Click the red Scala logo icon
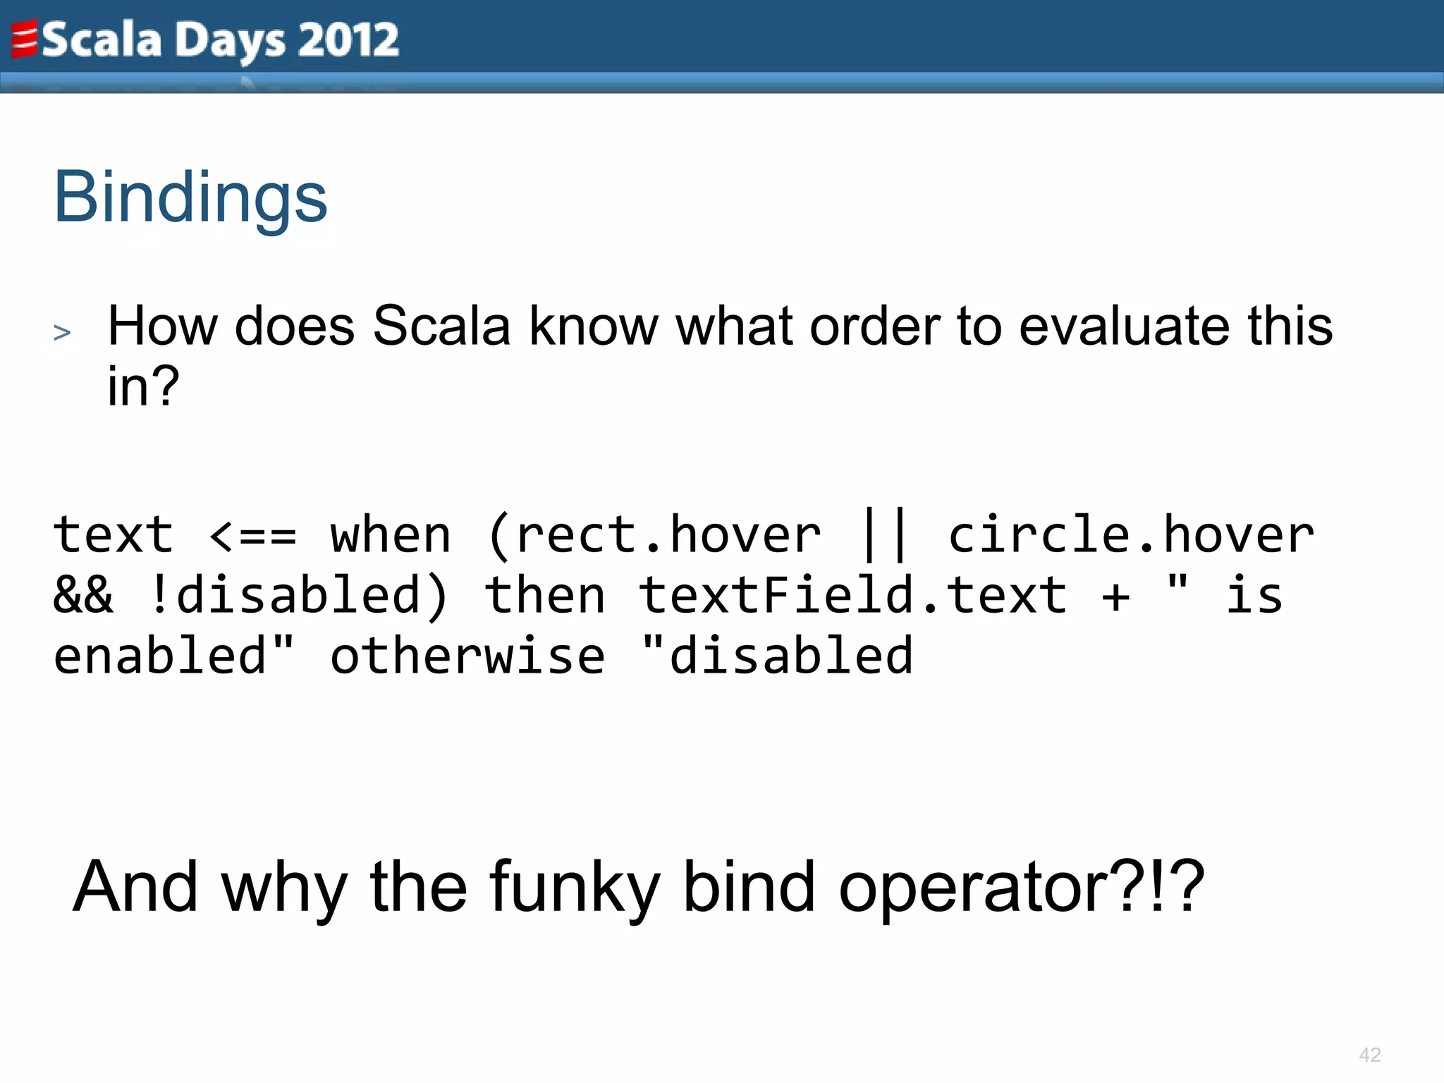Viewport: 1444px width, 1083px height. coord(24,39)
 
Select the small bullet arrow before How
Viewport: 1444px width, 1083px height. coord(62,332)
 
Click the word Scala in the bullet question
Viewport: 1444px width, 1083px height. coord(441,326)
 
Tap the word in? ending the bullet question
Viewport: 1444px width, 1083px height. coord(143,386)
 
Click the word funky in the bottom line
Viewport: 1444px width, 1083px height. coord(575,887)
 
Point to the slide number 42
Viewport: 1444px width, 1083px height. coord(1369,1055)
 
